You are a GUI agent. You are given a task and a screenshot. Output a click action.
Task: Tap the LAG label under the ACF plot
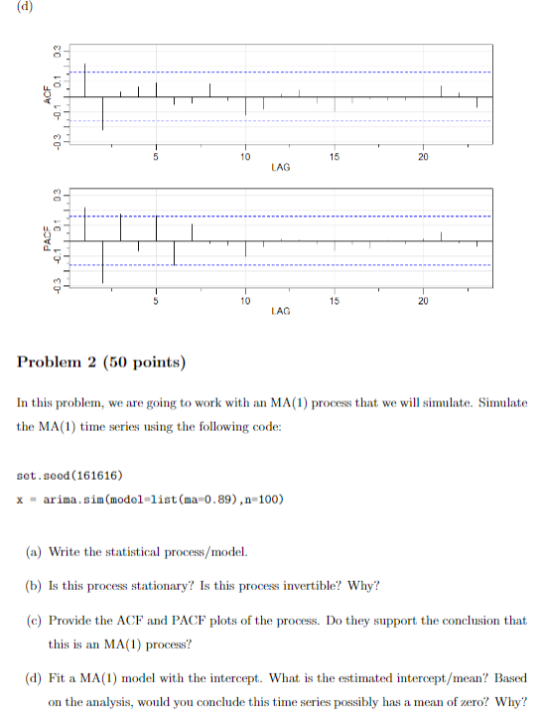[280, 168]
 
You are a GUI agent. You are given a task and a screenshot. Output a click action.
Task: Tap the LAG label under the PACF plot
[280, 311]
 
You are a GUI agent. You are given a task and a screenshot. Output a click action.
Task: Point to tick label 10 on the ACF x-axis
[244, 157]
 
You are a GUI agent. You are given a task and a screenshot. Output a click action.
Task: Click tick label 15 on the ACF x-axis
[334, 157]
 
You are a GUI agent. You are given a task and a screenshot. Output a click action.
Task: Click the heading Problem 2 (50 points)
[102, 361]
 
